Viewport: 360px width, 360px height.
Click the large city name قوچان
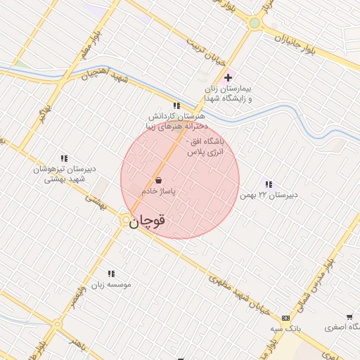coord(148,220)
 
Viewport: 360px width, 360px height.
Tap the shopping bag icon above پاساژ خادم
coord(158,180)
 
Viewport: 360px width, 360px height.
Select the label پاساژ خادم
coord(158,191)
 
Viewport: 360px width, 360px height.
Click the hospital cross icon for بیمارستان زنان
coord(228,77)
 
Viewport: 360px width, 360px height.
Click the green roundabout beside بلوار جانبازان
coord(255,22)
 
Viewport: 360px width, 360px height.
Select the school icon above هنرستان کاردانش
coord(176,105)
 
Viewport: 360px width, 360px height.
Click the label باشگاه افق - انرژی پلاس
coord(205,146)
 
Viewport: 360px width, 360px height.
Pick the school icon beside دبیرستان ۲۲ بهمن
coord(269,184)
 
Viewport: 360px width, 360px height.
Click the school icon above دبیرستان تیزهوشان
coord(64,159)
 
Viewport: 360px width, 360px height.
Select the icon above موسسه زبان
coord(111,274)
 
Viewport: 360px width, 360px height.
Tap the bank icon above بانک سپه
coord(285,318)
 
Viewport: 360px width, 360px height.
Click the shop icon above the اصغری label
coord(349,317)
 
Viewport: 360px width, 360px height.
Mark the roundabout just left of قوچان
coord(124,221)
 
